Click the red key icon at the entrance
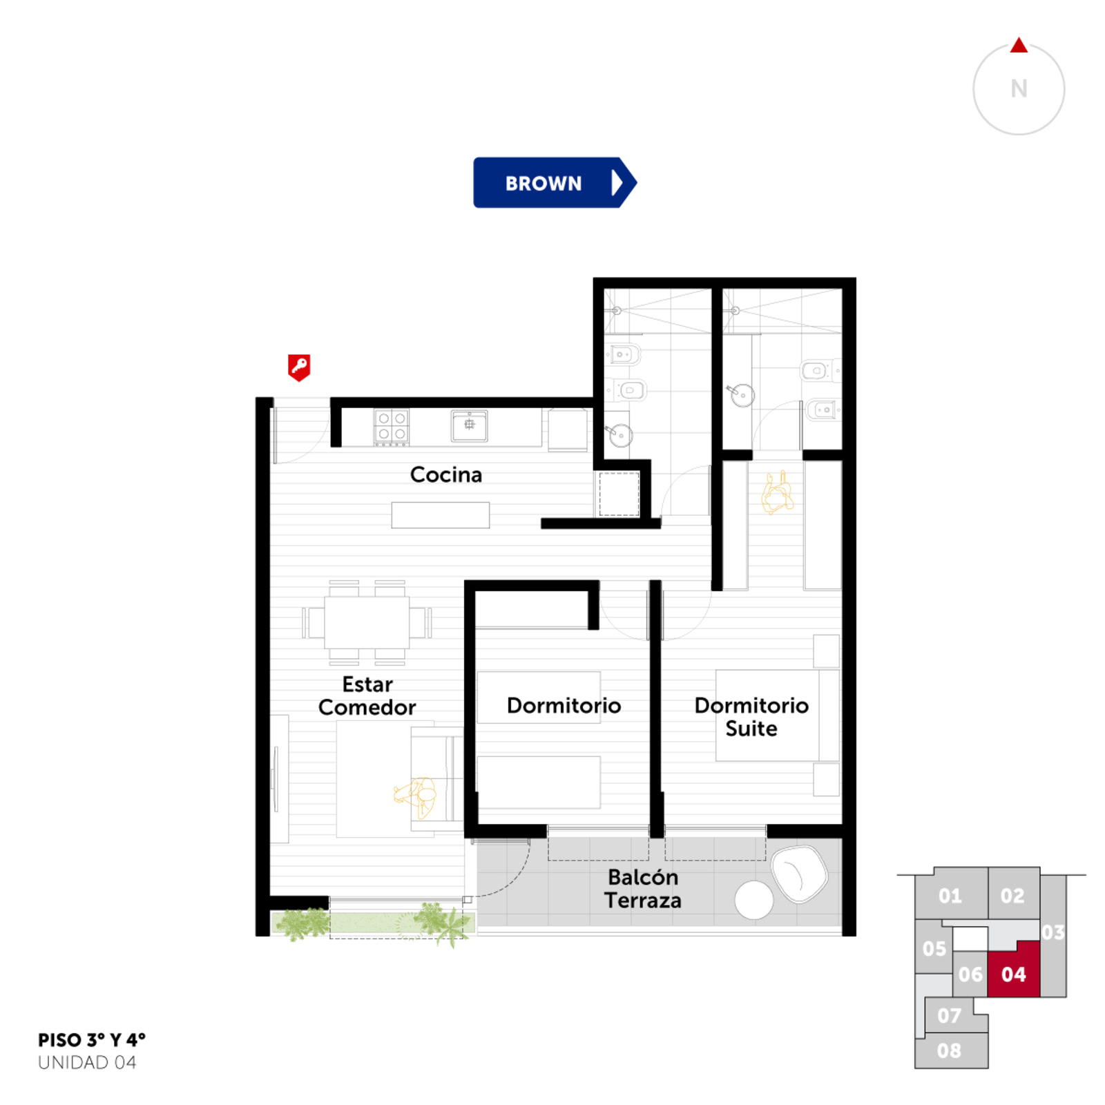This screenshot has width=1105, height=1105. point(299,367)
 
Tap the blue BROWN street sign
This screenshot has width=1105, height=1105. point(555,183)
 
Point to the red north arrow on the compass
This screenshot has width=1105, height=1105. point(1019,46)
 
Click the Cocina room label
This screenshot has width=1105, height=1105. point(446,474)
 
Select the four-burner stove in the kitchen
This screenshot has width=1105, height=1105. point(392,426)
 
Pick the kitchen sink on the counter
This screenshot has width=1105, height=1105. point(470,425)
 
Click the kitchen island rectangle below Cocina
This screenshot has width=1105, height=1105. point(441,515)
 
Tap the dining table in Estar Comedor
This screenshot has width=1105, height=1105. point(367,622)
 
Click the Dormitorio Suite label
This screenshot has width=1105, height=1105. point(751,717)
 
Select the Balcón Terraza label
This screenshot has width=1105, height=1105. point(643,889)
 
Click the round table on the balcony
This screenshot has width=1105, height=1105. point(753,900)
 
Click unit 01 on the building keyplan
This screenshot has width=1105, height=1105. point(950,895)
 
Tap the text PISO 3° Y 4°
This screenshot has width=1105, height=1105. point(92,1040)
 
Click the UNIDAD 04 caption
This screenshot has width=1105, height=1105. point(87,1062)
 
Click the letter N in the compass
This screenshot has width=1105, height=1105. point(1019,88)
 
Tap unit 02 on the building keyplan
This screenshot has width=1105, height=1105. point(1013,895)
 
